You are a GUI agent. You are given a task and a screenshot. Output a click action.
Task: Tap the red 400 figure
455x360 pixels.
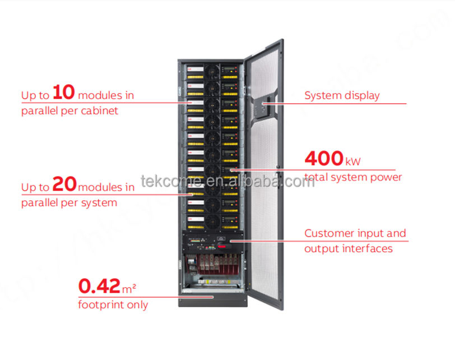(324, 159)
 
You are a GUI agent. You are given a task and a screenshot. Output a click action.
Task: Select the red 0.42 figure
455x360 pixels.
(99, 287)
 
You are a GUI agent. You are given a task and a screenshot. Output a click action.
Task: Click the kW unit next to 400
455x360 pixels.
(353, 162)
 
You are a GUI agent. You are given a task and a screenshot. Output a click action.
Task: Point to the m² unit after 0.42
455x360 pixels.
(129, 288)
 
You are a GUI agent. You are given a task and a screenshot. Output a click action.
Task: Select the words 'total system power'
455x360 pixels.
(353, 178)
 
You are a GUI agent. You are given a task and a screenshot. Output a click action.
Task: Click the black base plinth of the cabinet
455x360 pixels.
(213, 302)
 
